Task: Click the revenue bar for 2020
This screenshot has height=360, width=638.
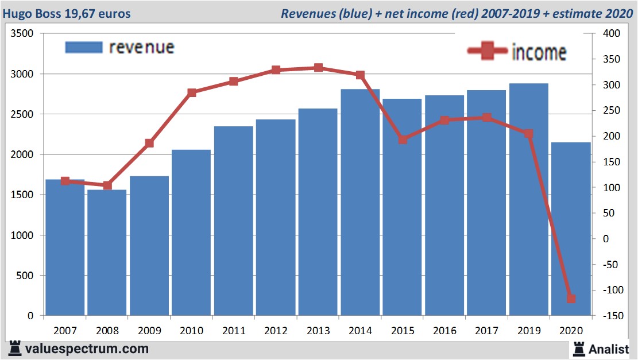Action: (571, 230)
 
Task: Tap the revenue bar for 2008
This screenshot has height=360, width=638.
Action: (107, 253)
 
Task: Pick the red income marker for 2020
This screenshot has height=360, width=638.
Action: (571, 299)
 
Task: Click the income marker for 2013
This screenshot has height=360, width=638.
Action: (318, 68)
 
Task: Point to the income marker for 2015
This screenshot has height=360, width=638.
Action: (403, 140)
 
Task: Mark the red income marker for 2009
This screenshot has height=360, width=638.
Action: (149, 143)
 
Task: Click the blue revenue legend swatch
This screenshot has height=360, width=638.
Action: (84, 47)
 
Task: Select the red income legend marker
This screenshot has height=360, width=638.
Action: (488, 52)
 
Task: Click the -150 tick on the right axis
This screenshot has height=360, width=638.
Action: (610, 316)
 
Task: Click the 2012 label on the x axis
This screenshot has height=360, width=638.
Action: (276, 331)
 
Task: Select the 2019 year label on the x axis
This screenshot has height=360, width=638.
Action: (529, 331)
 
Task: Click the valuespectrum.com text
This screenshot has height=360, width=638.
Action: (87, 349)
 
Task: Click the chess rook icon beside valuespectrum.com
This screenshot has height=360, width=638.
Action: (14, 348)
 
